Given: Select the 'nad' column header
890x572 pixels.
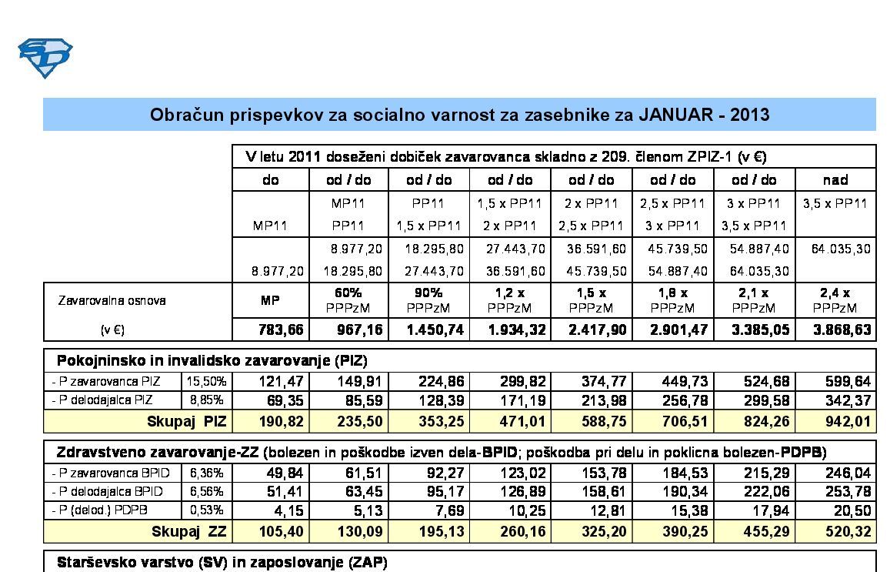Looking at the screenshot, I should pyautogui.click(x=835, y=180).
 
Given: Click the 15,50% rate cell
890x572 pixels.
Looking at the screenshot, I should pyautogui.click(x=206, y=381).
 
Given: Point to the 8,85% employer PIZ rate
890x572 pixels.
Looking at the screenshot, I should pyautogui.click(x=208, y=400).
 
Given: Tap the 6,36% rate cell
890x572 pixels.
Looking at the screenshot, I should pyautogui.click(x=208, y=473).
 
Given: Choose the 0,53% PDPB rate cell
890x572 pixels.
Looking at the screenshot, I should pyautogui.click(x=208, y=510).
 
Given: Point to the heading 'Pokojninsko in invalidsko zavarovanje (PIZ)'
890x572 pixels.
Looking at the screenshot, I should pyautogui.click(x=212, y=360).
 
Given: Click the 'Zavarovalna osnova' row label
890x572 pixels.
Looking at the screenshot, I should pyautogui.click(x=112, y=300).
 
